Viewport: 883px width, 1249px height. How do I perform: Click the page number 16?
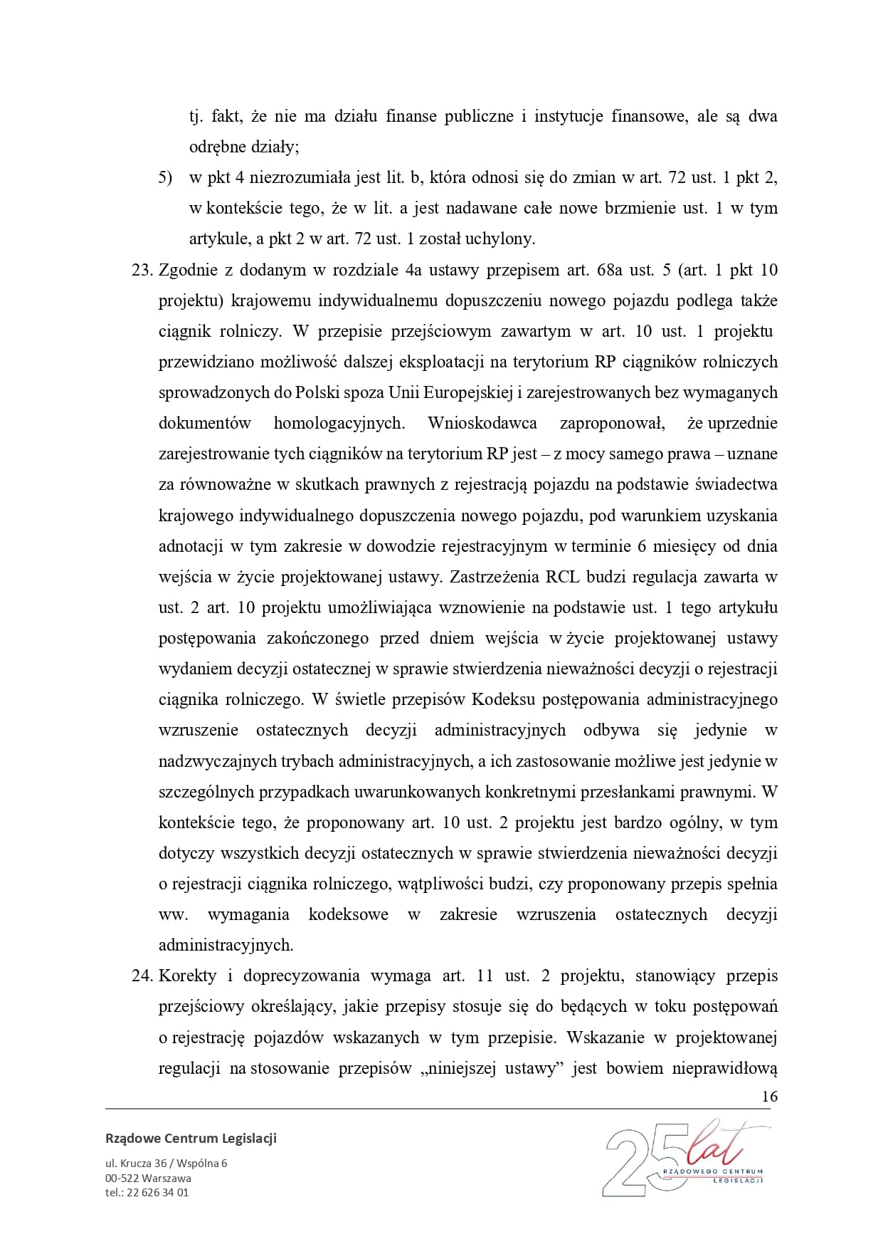769,1096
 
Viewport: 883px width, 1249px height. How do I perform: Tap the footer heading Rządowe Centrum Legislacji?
191,1138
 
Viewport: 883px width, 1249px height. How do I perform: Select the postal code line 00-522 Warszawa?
148,1178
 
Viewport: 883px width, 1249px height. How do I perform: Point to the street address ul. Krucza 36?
143,1164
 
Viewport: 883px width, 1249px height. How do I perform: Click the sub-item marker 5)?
165,177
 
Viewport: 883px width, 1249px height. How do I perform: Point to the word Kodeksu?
503,699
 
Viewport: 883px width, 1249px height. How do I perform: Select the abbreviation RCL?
565,577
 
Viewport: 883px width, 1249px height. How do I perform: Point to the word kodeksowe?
349,914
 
